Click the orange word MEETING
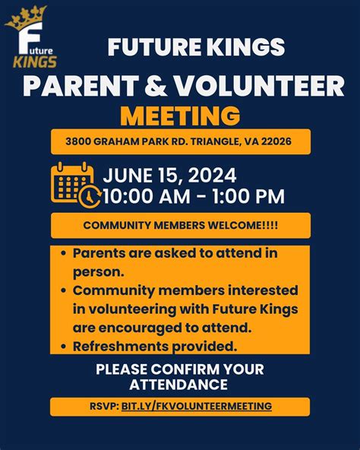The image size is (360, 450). click(180, 115)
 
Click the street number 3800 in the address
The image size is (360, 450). click(78, 141)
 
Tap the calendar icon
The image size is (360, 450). click(72, 182)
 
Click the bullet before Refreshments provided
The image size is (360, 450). click(62, 346)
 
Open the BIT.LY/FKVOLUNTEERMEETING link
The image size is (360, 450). click(196, 406)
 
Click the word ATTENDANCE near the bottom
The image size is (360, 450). click(180, 385)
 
